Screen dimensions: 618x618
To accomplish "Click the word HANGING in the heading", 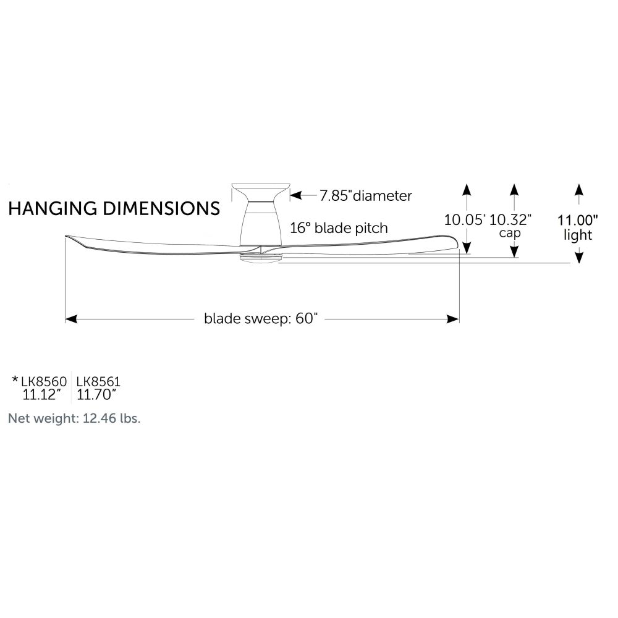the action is point(53,208).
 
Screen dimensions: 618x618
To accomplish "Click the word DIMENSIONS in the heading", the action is point(161,208).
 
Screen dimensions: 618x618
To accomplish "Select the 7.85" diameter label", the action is point(366,195).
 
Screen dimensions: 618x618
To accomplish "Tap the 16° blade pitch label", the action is point(339,228).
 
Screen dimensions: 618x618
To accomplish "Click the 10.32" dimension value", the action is point(510,220).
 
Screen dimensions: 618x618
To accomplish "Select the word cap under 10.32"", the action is point(510,233).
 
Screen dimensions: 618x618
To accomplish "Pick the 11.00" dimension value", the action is point(578,220).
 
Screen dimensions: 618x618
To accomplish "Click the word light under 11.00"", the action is point(578,235).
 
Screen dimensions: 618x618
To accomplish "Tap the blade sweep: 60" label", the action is point(261,318).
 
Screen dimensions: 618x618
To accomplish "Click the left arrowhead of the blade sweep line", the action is point(71,319).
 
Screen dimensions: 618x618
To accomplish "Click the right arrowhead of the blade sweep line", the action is point(453,319).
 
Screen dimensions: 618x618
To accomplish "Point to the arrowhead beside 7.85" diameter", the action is point(295,195).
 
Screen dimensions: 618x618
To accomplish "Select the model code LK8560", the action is point(44,381).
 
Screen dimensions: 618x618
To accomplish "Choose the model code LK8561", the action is point(98,381).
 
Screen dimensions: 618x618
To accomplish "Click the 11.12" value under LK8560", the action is point(42,394).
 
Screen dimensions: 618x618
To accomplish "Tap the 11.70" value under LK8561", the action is point(96,394).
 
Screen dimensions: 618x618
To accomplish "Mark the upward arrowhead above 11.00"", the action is point(578,190).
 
